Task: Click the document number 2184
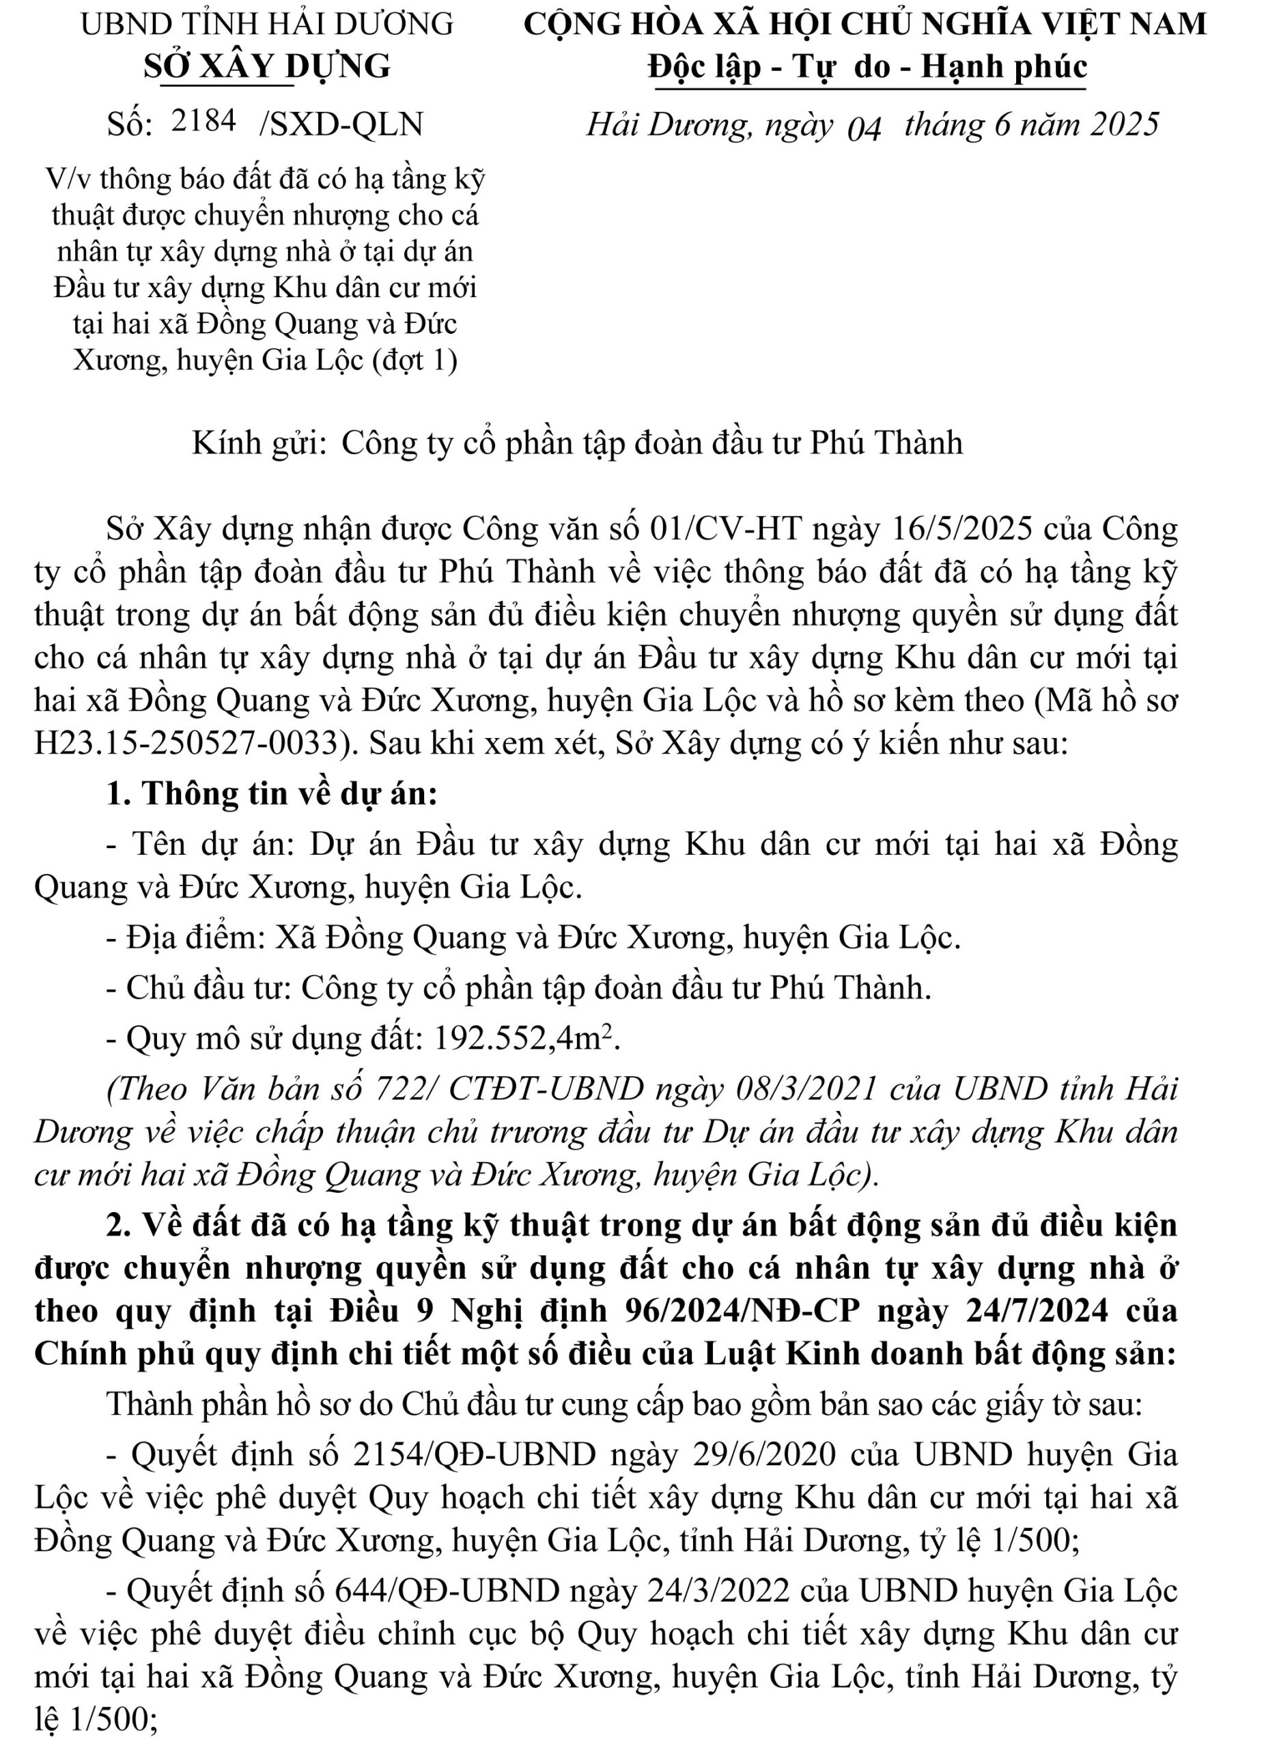point(203,121)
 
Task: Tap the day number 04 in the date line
point(863,127)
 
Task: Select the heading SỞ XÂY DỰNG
point(268,67)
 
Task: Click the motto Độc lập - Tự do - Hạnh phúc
point(867,67)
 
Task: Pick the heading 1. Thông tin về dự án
point(272,793)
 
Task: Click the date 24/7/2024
point(1033,1310)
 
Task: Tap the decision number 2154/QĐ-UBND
point(474,1454)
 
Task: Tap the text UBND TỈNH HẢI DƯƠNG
point(268,25)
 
